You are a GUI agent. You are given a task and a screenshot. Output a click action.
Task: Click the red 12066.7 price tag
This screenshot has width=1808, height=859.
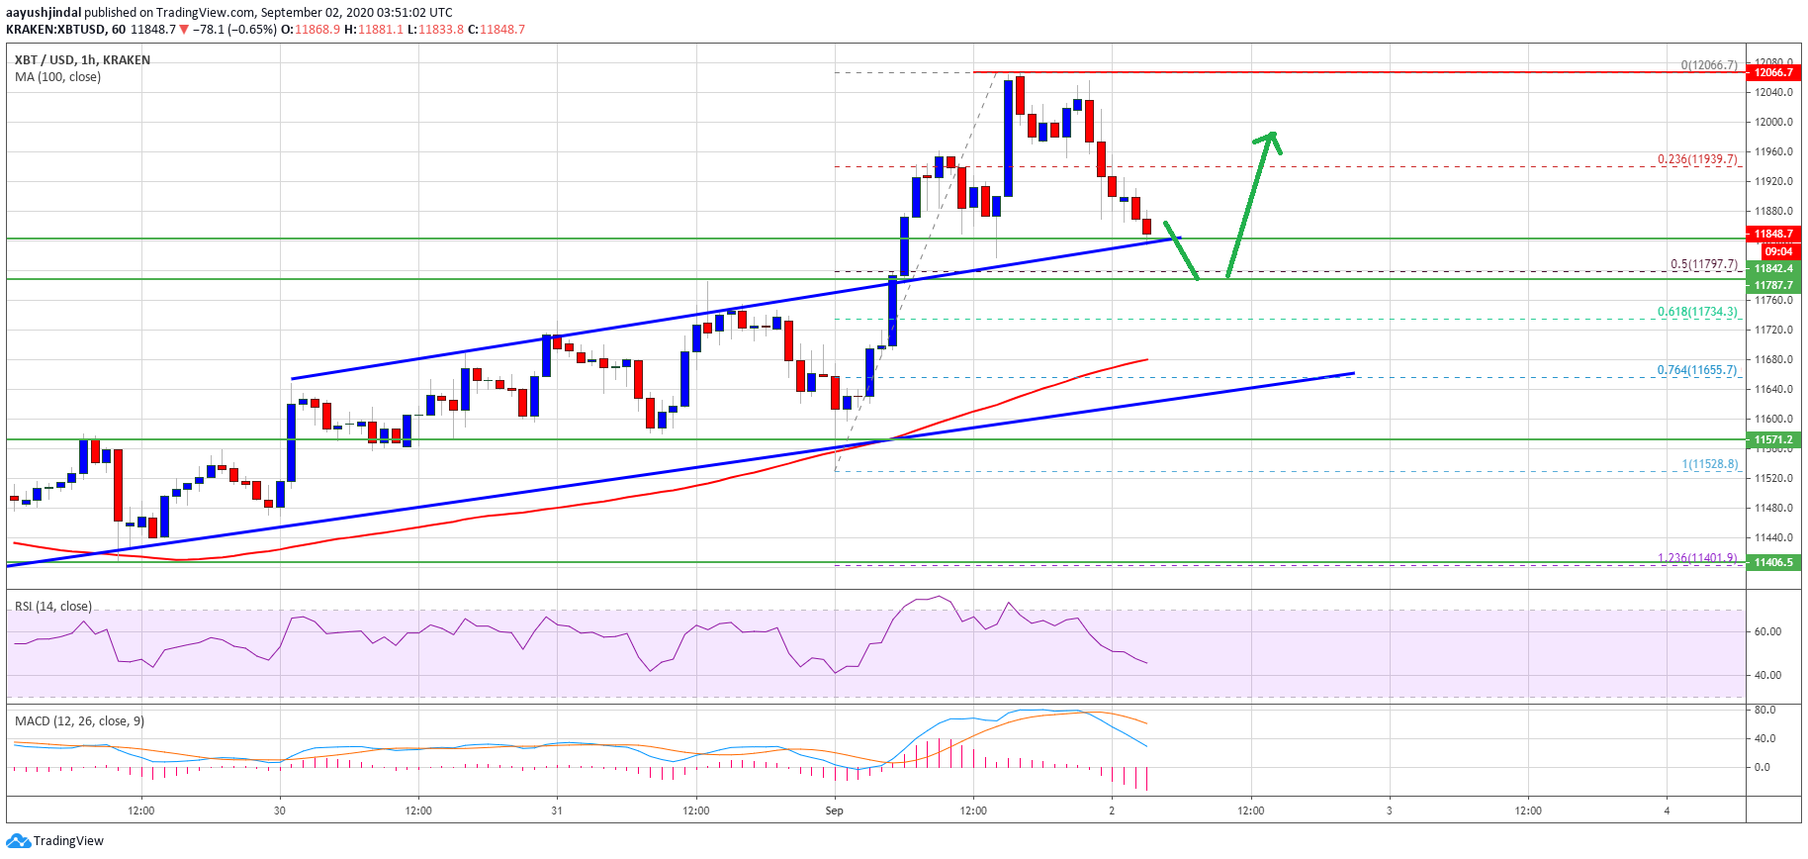(1773, 72)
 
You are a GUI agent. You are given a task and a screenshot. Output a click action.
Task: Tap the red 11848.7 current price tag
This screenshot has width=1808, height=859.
(1773, 235)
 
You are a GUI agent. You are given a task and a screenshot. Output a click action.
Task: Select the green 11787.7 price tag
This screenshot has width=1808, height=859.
(1773, 285)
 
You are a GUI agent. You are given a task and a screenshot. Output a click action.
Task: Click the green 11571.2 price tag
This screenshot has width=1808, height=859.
(1773, 439)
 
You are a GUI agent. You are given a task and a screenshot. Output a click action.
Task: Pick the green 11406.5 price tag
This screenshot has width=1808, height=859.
(1773, 562)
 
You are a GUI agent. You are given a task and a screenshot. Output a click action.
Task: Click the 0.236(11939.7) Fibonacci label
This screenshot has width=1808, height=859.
(1697, 159)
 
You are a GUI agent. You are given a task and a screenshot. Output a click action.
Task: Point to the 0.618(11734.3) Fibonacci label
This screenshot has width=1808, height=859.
(1697, 312)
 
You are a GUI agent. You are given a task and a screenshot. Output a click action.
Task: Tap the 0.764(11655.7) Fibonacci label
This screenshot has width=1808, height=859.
(1697, 370)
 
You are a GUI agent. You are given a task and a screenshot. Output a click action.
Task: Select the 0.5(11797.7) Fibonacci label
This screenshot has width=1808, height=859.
(1703, 264)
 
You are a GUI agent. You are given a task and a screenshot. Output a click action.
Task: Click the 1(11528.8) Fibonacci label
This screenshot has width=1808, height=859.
(1709, 464)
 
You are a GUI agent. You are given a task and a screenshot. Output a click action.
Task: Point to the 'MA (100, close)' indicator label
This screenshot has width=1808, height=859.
(57, 77)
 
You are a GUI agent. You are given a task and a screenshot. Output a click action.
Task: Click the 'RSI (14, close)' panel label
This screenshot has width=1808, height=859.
(53, 607)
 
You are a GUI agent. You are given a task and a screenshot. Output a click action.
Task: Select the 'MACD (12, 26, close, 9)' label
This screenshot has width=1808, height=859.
(79, 721)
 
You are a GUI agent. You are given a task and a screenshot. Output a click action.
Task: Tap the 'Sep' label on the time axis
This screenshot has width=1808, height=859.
(835, 811)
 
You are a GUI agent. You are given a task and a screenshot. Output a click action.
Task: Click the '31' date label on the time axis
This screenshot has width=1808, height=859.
(557, 811)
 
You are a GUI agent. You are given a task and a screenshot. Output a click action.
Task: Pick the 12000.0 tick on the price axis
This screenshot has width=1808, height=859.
(1773, 123)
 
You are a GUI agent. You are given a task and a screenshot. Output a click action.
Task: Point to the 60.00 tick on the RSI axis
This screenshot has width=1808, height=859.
(1767, 631)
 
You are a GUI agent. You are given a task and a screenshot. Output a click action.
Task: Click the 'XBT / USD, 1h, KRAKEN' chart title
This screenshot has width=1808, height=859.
(82, 60)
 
